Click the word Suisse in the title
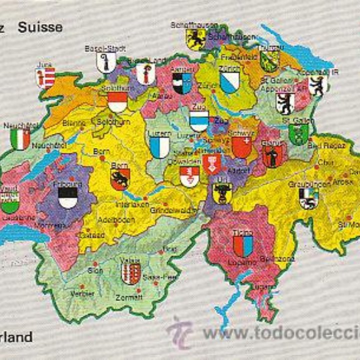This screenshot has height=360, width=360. pos(40,27)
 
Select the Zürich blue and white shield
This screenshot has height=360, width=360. pos(229,82)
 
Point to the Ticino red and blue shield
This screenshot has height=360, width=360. pos(242,245)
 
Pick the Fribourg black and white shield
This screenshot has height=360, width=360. pos(68,197)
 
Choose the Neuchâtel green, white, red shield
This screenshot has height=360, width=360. pos(20,139)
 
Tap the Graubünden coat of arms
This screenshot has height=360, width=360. pos(308,198)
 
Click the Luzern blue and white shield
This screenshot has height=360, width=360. pos(159,147)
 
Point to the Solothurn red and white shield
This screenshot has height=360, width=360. pos(117,102)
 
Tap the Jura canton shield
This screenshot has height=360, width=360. pos(45,78)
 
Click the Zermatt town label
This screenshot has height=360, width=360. pos(130,296)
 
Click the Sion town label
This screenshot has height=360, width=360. pos(95,270)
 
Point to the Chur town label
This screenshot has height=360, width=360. pos(325,162)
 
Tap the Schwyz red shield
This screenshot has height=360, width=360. pos(242,147)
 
